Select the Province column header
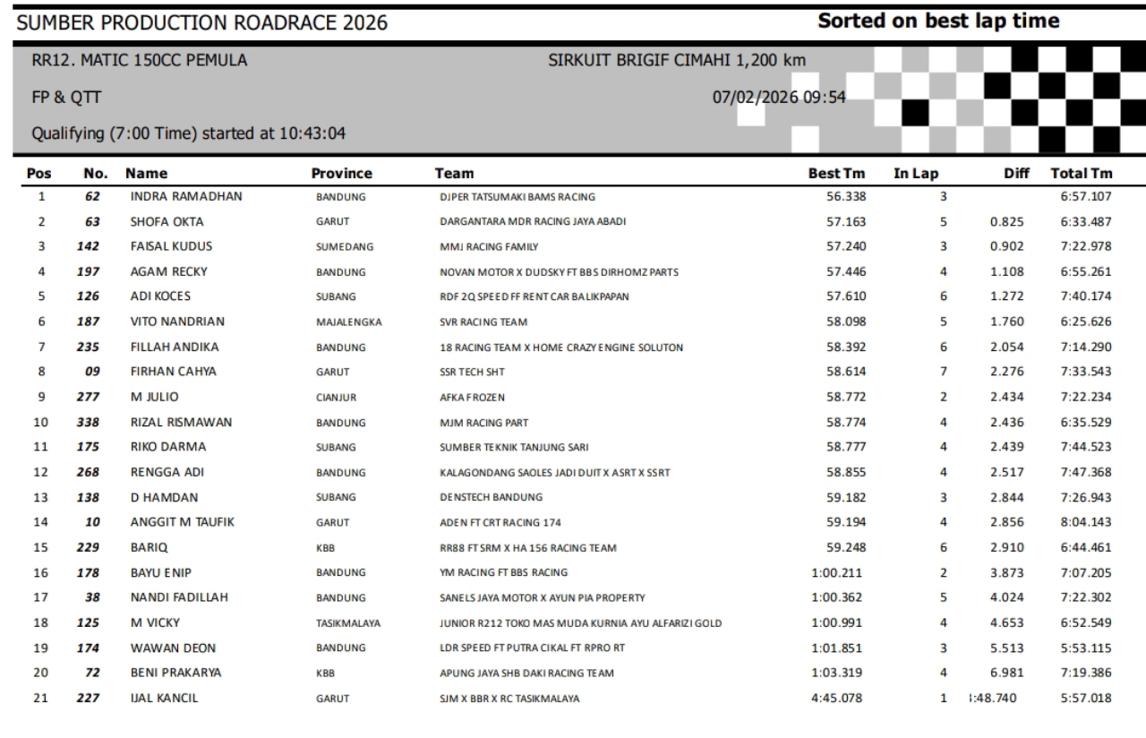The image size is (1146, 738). point(341,174)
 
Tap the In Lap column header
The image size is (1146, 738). point(915,174)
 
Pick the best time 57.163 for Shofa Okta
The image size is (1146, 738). point(844,221)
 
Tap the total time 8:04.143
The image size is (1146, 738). point(1084,522)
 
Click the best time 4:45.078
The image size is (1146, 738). point(836,698)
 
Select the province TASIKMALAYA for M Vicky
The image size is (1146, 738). point(349,622)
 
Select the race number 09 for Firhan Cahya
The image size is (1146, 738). point(91,372)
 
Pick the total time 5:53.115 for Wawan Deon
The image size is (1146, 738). point(1084,648)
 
